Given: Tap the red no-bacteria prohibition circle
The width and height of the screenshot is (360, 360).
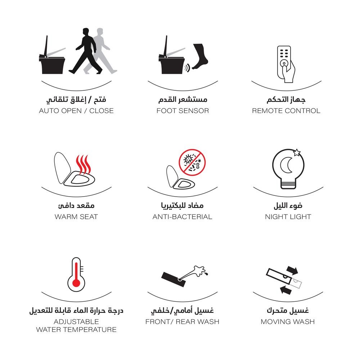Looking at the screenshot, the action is (192, 162).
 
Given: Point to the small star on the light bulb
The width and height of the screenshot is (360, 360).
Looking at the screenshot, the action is (297, 152).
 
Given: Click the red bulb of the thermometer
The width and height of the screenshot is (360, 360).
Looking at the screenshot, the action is (76, 283).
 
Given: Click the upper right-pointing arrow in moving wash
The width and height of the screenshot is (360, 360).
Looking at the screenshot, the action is (292, 270).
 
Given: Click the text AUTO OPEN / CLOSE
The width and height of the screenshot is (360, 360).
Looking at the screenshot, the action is (76, 111).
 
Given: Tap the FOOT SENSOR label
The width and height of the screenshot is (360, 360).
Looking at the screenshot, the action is (183, 111).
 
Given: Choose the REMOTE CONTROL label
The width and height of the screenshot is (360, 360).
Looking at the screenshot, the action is (286, 111).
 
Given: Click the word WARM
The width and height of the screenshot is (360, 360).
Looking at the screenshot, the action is (66, 216).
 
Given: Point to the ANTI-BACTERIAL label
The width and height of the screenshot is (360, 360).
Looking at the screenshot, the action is (182, 216).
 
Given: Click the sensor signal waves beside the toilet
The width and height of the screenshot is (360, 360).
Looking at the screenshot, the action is (188, 68).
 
